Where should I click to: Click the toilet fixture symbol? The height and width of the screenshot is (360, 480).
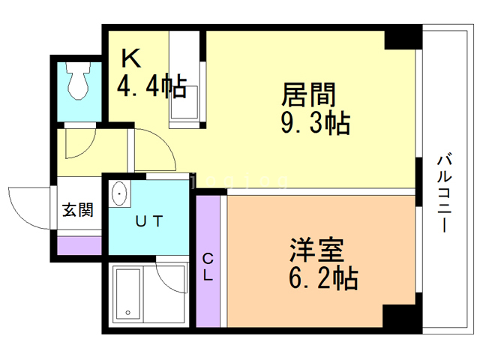(x=79, y=80)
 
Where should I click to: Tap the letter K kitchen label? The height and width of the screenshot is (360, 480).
(x=131, y=58)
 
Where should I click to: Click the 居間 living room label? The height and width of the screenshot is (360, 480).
(x=308, y=94)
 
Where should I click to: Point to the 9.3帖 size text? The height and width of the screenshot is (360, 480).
(x=316, y=123)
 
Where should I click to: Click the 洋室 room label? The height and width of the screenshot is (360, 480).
(x=316, y=250)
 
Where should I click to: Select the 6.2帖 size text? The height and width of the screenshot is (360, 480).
(x=323, y=278)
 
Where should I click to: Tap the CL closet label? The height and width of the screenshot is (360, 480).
(x=208, y=267)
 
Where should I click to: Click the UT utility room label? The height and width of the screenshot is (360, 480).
(x=149, y=221)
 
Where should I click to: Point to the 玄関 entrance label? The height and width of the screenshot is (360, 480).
(x=78, y=210)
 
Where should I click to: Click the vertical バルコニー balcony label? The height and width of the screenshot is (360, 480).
(x=445, y=193)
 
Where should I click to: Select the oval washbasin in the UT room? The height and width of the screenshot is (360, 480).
(x=119, y=193)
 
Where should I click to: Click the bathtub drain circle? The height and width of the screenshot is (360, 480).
(x=127, y=313)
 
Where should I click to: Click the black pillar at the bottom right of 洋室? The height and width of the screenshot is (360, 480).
(x=402, y=317)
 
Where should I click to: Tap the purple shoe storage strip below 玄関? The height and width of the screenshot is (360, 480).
(x=79, y=245)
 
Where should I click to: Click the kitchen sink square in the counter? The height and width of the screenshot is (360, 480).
(x=184, y=102)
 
